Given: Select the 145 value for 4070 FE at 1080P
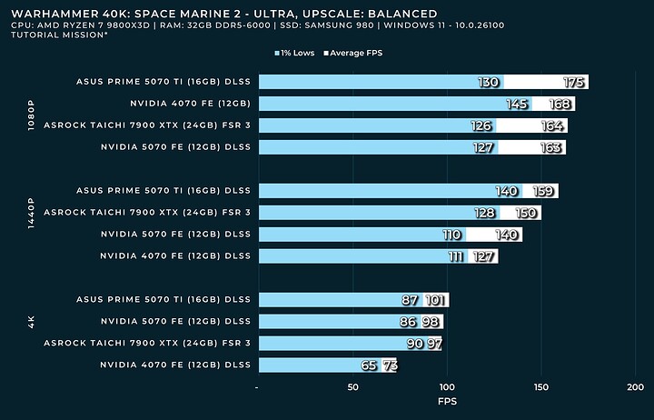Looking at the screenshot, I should (517, 105).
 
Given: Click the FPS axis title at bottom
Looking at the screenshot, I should (447, 401).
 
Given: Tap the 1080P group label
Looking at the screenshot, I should (32, 115).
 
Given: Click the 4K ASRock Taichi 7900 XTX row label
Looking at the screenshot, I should (146, 343).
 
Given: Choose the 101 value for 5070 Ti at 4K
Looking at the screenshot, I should (436, 300).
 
